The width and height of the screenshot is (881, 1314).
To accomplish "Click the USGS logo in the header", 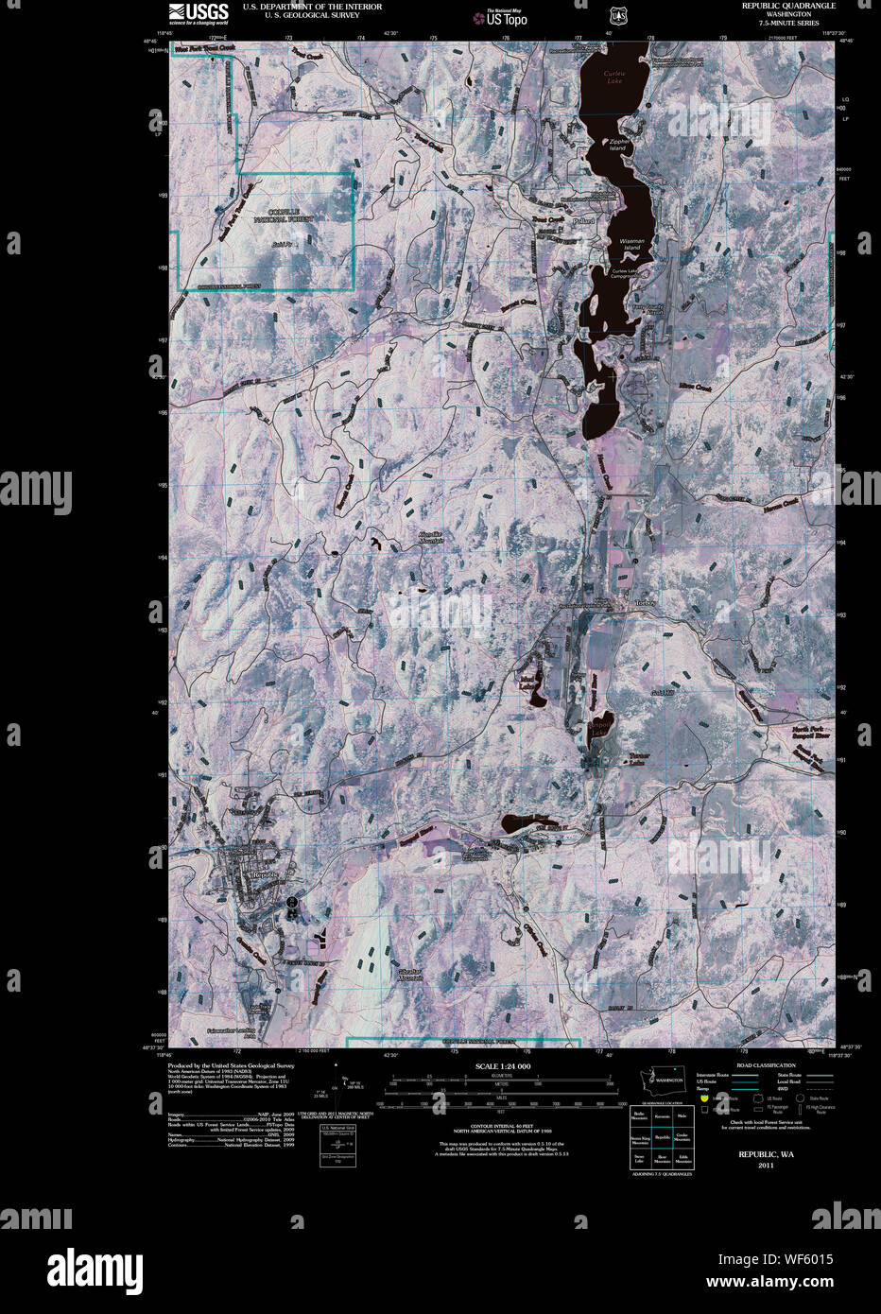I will [198, 12].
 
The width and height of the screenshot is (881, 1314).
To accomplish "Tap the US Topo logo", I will [501, 16].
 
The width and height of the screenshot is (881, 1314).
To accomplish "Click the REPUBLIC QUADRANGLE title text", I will [789, 6].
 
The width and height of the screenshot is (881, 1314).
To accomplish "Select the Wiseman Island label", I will [631, 243].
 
